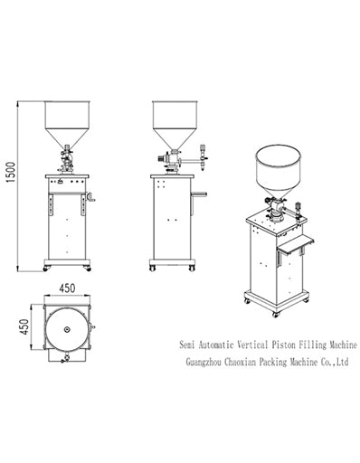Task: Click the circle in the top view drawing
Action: (65, 330)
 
